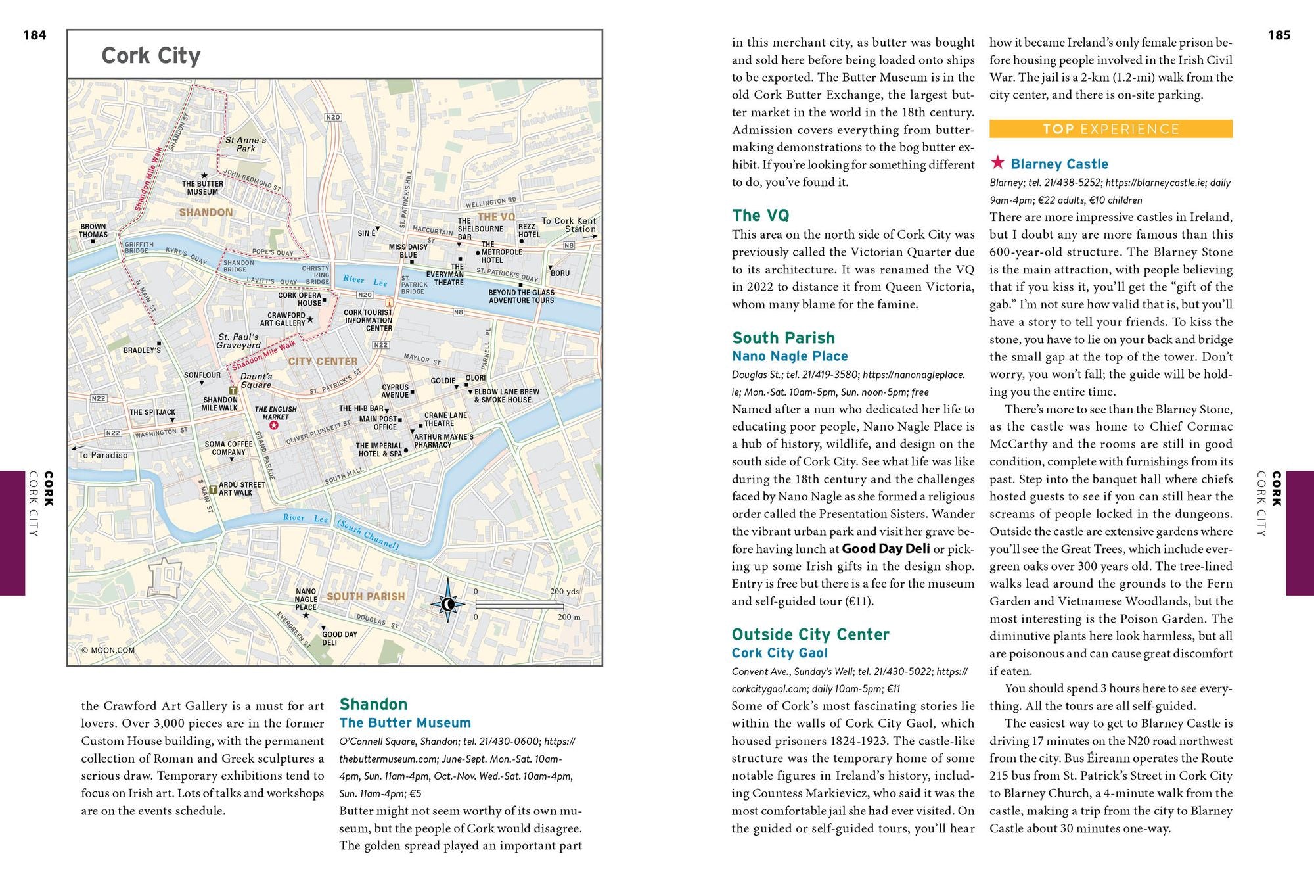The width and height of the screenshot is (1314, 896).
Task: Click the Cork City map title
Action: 150,56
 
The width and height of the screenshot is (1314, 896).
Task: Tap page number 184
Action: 34,35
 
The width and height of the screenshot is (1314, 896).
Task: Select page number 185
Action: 1279,35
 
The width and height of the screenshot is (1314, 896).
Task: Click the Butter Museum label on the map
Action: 202,188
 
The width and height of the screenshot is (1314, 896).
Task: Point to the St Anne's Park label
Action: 246,144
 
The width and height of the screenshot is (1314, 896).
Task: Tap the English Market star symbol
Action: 275,425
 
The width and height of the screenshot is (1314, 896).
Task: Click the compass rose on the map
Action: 447,603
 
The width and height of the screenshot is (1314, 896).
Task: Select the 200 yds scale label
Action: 564,592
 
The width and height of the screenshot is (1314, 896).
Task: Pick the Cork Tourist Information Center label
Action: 368,320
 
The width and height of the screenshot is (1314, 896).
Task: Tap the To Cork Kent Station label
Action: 569,225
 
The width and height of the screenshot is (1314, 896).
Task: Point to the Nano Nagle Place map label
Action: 306,599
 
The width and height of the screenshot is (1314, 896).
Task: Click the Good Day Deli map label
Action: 339,638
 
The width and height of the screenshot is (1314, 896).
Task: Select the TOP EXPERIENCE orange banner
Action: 1110,129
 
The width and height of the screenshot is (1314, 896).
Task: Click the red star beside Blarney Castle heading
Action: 997,162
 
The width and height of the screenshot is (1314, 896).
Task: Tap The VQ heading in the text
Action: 760,216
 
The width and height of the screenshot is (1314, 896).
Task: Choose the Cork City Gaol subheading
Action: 779,653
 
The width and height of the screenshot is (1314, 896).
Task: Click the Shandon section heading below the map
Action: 373,705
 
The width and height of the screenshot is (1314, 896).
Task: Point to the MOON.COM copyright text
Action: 108,650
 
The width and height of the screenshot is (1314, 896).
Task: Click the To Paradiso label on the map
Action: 103,455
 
